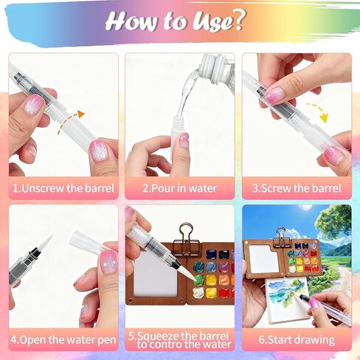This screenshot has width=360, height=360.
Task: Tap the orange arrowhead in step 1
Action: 81,114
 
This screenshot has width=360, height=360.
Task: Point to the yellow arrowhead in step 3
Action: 325,118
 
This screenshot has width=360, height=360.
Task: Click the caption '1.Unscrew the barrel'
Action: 63,188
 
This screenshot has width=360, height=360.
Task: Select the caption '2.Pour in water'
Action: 179,188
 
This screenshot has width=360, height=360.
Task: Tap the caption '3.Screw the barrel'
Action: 297,188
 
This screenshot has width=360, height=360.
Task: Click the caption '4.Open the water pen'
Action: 63,340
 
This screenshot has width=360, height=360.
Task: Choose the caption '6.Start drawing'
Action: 297,340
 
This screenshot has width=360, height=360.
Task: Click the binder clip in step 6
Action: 281,238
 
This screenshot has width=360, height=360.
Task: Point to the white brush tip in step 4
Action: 47,242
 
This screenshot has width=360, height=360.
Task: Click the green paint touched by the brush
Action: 198,280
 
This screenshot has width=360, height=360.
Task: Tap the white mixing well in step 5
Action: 156,274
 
